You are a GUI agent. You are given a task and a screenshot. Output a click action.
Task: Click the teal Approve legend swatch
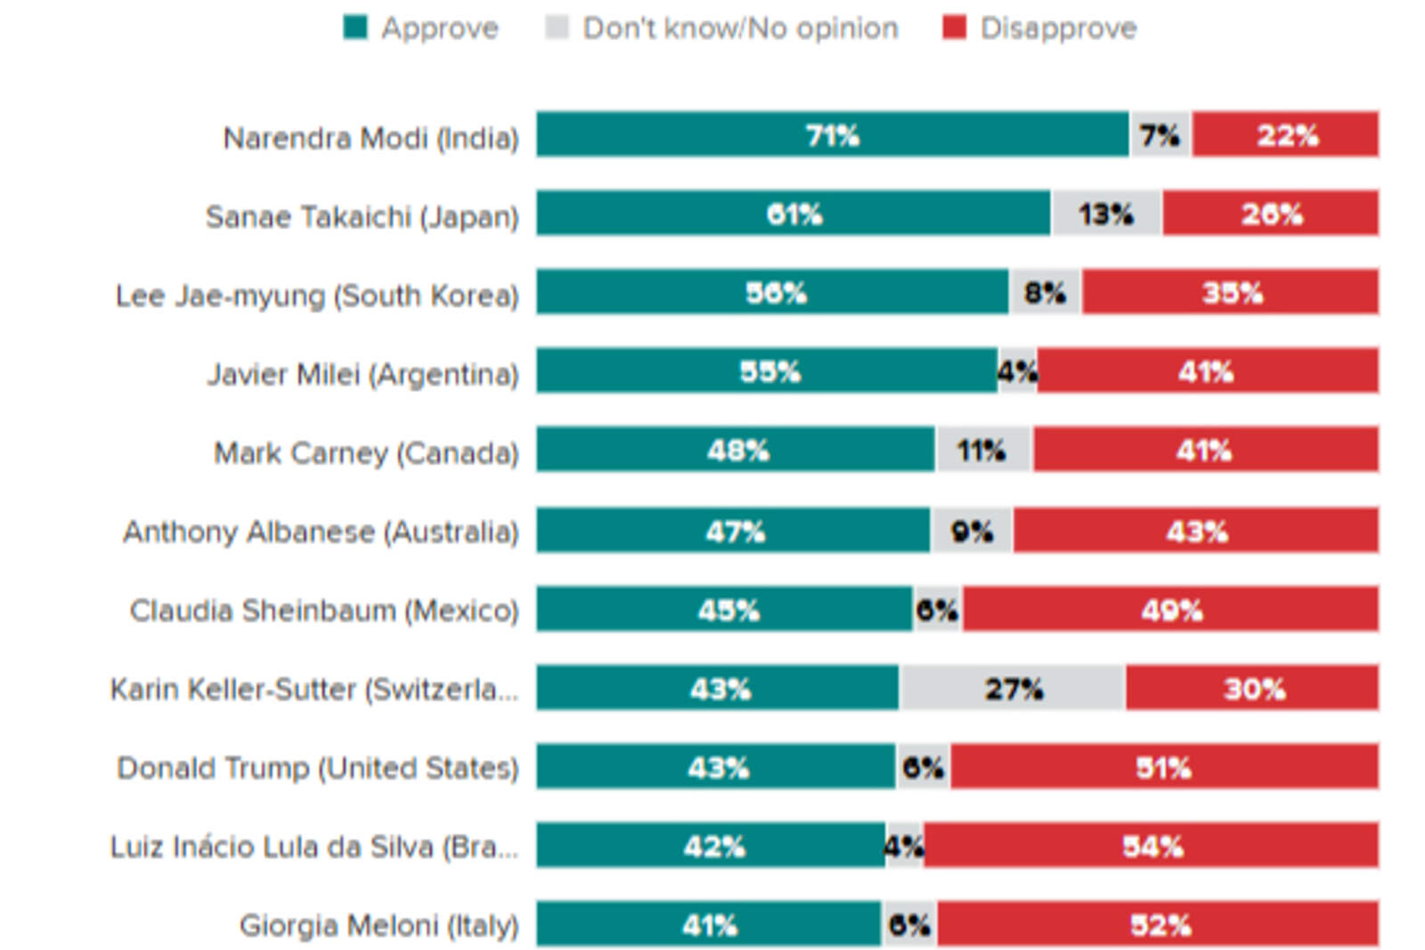coord(355,28)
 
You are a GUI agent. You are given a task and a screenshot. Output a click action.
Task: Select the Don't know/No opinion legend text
coord(740,28)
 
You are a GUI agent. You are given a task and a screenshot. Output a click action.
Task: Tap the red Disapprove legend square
coord(954,28)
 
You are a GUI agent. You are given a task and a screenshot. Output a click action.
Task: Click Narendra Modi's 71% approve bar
coord(832,134)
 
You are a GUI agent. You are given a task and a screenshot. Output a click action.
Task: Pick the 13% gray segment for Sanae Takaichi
coord(1106,214)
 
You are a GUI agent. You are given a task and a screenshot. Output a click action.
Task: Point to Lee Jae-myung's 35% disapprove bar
coord(1231,292)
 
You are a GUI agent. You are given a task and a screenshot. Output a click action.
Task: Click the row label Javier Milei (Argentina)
coord(362,374)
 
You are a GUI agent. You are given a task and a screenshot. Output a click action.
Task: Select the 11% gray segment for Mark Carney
coord(983,451)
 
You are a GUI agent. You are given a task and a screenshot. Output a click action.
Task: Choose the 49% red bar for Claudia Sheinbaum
coord(1170,610)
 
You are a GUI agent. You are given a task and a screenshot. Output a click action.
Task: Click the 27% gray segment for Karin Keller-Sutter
coord(1013,688)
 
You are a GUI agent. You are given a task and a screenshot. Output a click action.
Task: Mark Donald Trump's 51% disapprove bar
coord(1163,767)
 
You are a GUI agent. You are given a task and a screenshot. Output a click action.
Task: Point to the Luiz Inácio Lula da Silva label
coord(313,846)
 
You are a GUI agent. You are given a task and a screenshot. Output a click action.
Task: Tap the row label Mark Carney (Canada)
coord(366,453)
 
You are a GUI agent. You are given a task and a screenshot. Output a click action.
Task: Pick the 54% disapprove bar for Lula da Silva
coord(1151,845)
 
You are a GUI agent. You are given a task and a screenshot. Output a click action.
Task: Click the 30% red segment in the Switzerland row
coord(1252,688)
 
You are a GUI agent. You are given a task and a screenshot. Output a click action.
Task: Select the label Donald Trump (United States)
coord(318,767)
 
